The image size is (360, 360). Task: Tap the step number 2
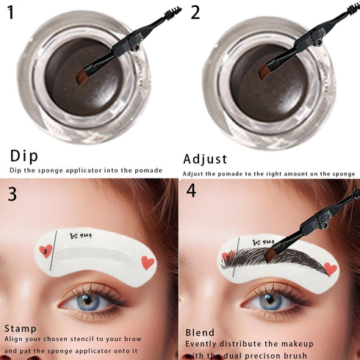[194, 12]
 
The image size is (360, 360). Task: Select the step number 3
[12, 194]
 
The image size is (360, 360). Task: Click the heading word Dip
[24, 156]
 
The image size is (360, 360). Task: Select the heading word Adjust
[205, 159]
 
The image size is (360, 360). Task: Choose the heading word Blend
[201, 332]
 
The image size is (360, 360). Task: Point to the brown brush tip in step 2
[266, 71]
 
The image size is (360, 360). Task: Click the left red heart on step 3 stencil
[46, 251]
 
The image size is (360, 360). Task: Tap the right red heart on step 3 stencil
[147, 262]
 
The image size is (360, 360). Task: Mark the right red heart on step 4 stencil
[330, 269]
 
